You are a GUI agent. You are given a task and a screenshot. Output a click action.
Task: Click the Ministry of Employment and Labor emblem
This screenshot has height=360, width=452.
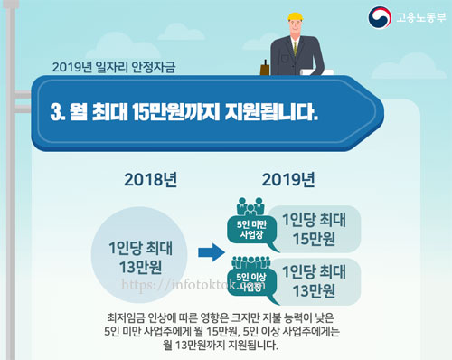pyautogui.click(x=380, y=17)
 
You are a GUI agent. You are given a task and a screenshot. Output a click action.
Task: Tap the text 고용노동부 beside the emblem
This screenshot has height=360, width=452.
pyautogui.click(x=421, y=17)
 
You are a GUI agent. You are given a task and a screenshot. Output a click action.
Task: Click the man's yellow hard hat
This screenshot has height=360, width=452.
pyautogui.click(x=295, y=16)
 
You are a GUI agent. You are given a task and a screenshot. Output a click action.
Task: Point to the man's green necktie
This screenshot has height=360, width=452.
pyautogui.click(x=296, y=48)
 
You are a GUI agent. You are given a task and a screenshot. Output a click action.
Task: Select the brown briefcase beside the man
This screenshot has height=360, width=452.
pyautogui.click(x=265, y=69)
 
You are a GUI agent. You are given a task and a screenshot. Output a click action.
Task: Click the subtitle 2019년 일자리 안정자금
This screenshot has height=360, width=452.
pyautogui.click(x=114, y=67)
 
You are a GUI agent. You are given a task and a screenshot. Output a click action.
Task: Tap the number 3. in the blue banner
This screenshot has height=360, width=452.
pyautogui.click(x=58, y=112)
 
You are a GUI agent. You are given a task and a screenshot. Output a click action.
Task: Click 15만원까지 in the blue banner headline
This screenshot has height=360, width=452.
pyautogui.click(x=176, y=112)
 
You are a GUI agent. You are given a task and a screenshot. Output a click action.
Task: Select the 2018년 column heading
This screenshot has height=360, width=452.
pyautogui.click(x=150, y=180)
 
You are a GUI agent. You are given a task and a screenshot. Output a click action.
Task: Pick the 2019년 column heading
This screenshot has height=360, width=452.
pyautogui.click(x=288, y=180)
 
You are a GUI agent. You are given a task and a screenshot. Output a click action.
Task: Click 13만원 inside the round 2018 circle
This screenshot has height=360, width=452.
pyautogui.click(x=140, y=267)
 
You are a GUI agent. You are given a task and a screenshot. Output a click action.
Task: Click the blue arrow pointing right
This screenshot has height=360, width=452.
pyautogui.click(x=212, y=252)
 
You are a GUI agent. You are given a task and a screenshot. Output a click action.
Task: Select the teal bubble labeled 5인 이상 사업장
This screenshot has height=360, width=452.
pyautogui.click(x=251, y=283)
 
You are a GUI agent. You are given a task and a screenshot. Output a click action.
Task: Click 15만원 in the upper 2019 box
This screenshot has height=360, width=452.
pyautogui.click(x=314, y=239)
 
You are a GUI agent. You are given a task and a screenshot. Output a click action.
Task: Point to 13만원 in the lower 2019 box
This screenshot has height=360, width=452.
pyautogui.click(x=314, y=291)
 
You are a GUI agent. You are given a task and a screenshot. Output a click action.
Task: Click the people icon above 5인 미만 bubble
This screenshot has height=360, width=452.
pyautogui.click(x=250, y=206)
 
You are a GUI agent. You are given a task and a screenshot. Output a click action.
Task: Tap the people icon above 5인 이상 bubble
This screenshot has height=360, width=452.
pyautogui.click(x=250, y=262)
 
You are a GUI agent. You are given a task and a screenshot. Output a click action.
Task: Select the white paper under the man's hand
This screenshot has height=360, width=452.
pyautogui.click(x=316, y=72)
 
